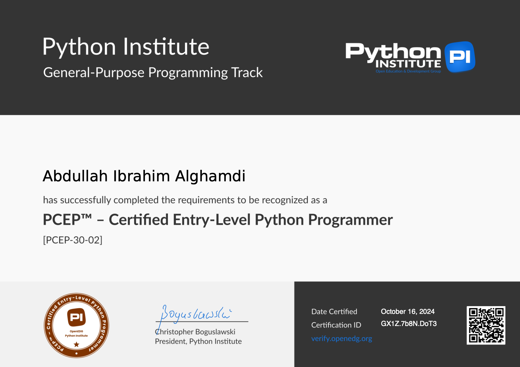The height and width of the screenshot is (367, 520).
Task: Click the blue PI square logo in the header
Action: click(x=460, y=57)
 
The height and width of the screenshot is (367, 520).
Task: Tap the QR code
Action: click(x=486, y=325)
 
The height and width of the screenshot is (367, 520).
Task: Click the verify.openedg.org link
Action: click(x=341, y=339)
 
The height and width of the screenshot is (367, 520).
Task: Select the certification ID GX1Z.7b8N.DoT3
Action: click(x=409, y=324)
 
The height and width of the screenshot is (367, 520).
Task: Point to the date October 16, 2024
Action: click(x=408, y=312)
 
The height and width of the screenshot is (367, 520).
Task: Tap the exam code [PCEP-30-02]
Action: click(x=73, y=240)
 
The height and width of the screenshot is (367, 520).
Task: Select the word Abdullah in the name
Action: click(x=75, y=176)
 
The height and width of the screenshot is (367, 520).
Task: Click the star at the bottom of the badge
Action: click(x=77, y=345)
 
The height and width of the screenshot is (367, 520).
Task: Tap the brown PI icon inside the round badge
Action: click(x=77, y=317)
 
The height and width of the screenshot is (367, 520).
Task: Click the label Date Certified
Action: click(x=334, y=312)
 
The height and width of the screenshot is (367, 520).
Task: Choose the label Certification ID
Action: click(x=336, y=325)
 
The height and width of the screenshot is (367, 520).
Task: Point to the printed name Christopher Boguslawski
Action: click(x=195, y=332)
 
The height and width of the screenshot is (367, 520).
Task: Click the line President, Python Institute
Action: click(x=198, y=342)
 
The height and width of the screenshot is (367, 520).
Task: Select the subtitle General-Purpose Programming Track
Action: click(x=153, y=73)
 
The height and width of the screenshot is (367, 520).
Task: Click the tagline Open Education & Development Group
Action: click(x=408, y=71)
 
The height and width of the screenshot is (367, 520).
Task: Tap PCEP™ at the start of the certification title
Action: click(x=67, y=220)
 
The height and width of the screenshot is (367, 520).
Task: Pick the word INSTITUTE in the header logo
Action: click(x=408, y=64)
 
